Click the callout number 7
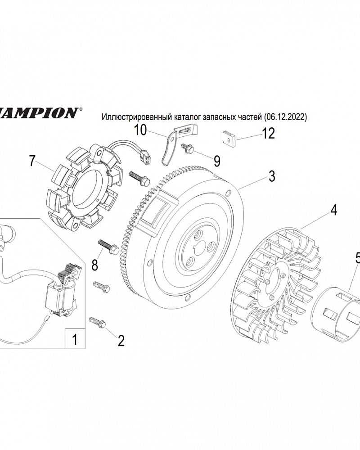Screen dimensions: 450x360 point(32,161)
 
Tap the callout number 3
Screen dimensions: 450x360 point(272,176)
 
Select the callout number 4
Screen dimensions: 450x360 point(333,210)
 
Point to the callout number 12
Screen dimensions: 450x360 point(268,134)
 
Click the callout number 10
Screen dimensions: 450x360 point(140,130)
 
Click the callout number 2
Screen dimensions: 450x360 point(121,341)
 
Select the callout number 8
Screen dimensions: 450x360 point(94,265)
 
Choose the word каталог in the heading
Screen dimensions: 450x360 point(180,117)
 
